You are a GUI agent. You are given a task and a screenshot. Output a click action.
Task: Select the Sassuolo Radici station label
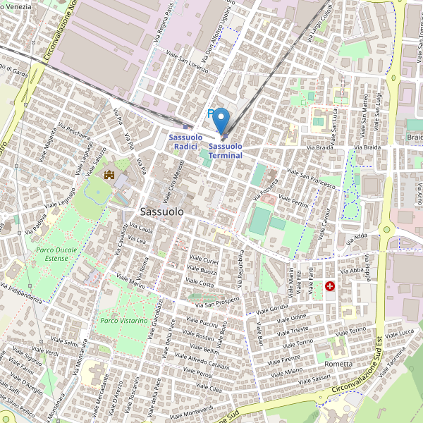coord(185,141)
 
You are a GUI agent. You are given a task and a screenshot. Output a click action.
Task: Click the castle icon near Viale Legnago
coord(109,174)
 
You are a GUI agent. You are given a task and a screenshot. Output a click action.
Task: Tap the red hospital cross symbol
coord(330,286)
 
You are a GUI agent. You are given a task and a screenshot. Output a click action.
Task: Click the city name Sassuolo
coord(162,211)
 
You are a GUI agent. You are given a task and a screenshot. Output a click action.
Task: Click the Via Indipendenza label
coord(21,293)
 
